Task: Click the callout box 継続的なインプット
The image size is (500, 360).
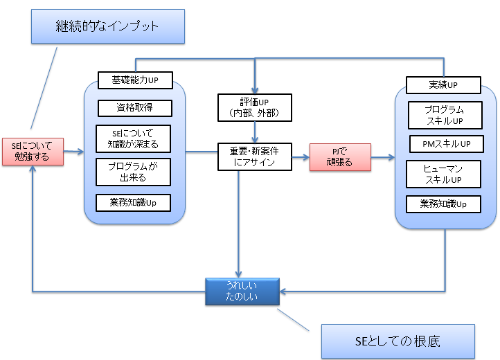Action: pyautogui.click(x=107, y=27)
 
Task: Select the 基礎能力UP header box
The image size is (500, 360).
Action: pyautogui.click(x=135, y=80)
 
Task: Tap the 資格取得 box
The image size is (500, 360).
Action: pyautogui.click(x=135, y=108)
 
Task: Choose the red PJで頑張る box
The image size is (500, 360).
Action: pyautogui.click(x=340, y=156)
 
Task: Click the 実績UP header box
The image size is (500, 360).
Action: pyautogui.click(x=443, y=85)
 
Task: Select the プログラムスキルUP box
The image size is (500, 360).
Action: pyautogui.click(x=443, y=115)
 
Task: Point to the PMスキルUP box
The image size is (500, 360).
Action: pyautogui.click(x=443, y=144)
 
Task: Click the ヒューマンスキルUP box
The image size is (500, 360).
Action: pyautogui.click(x=443, y=174)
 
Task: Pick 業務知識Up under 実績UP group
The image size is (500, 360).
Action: pyautogui.click(x=443, y=204)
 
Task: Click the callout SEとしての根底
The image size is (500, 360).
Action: pyautogui.click(x=398, y=341)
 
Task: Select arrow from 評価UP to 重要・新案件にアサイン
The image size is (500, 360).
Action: pyautogui.click(x=256, y=132)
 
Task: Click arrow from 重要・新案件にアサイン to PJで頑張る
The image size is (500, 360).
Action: pyautogui.click(x=301, y=157)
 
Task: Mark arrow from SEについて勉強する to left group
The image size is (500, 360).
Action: pyautogui.click(x=74, y=150)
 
